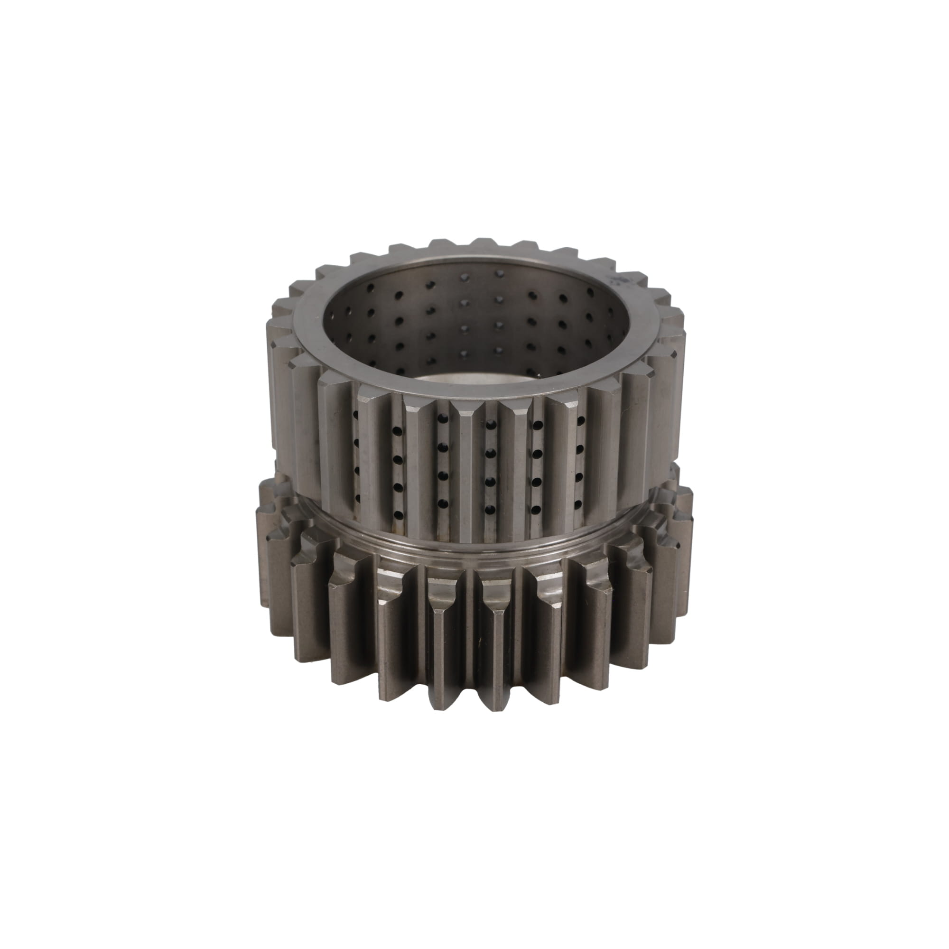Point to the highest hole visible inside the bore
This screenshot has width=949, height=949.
500,272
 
